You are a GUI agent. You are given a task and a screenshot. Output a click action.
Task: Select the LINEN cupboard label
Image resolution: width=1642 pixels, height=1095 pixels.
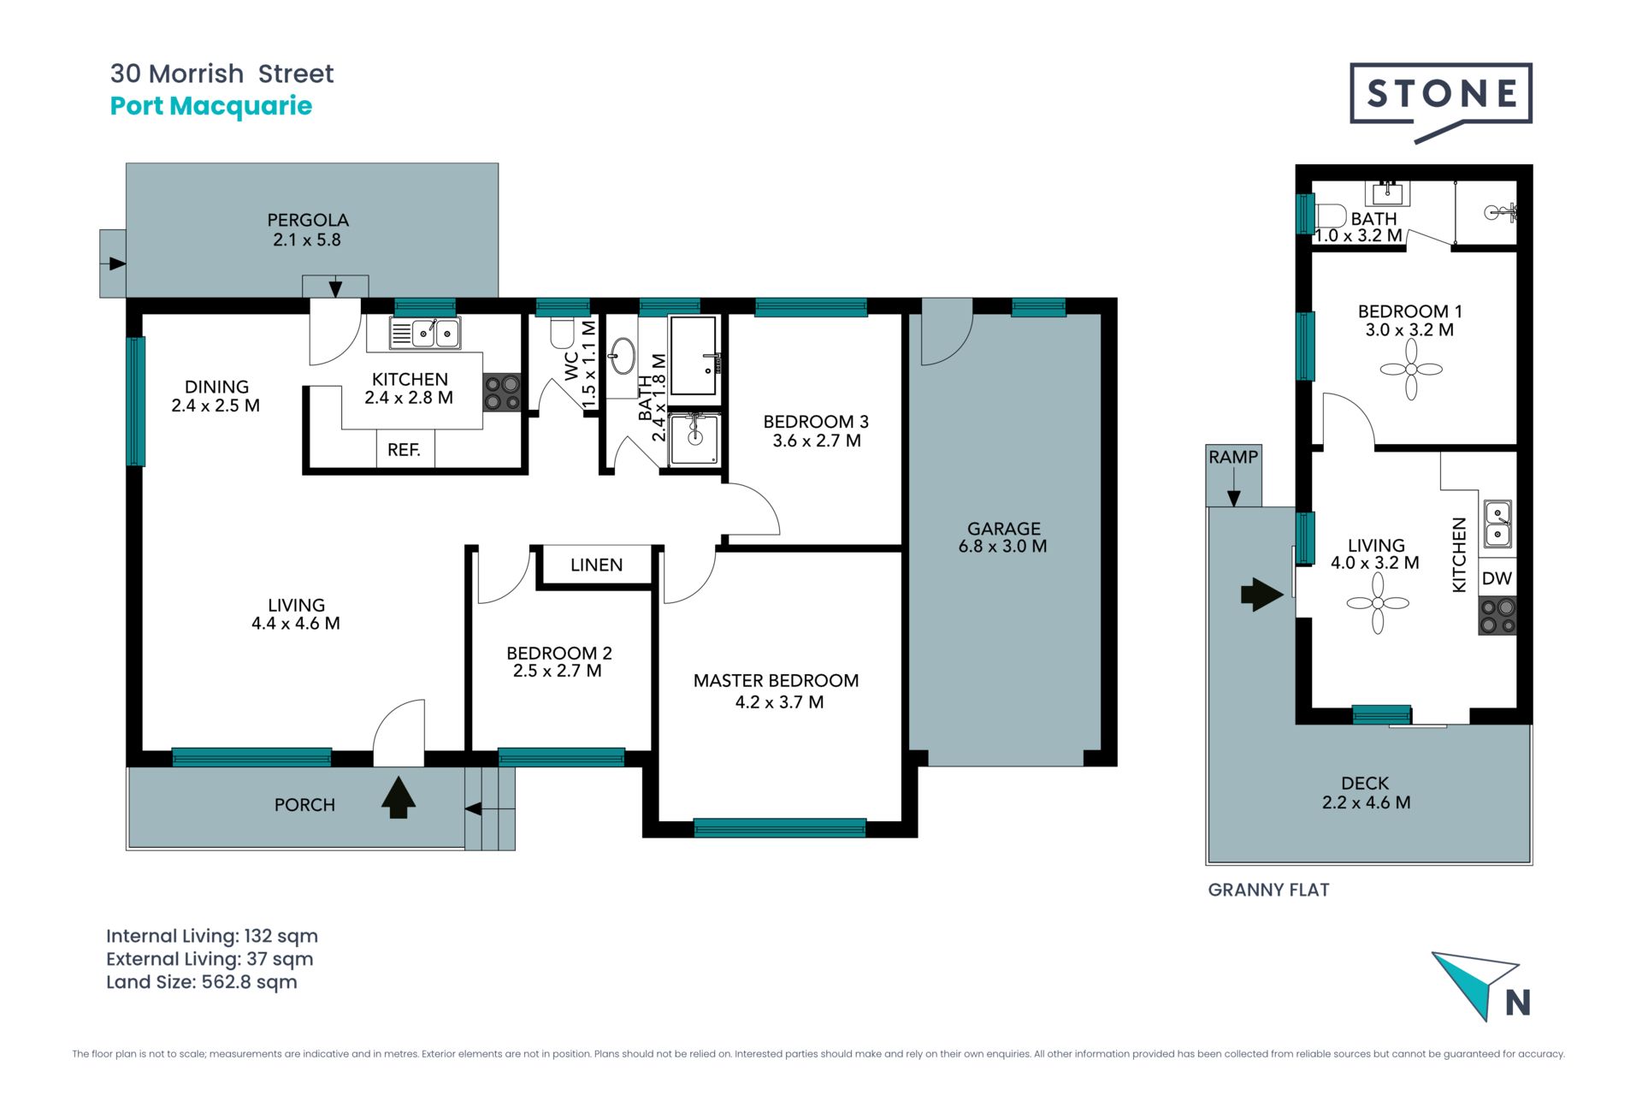[596, 565]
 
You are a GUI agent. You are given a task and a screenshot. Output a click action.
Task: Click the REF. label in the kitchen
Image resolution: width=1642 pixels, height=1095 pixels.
[404, 450]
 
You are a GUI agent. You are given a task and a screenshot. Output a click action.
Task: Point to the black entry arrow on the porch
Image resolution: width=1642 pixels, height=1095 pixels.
[399, 797]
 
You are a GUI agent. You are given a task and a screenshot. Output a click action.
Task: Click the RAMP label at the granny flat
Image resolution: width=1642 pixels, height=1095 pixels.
[1233, 457]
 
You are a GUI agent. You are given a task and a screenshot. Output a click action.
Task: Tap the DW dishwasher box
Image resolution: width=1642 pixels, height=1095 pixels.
[1497, 578]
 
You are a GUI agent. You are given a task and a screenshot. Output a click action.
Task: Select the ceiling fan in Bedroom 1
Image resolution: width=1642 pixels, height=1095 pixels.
[1411, 370]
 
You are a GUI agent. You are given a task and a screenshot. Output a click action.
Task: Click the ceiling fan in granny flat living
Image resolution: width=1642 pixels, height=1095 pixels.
[1378, 603]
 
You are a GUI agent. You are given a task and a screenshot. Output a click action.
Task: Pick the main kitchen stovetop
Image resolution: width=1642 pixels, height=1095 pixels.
[502, 394]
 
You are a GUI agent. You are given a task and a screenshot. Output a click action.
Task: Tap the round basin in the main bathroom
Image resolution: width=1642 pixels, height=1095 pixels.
[622, 356]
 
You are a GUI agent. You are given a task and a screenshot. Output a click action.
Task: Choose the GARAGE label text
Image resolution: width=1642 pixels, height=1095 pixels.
[1004, 529]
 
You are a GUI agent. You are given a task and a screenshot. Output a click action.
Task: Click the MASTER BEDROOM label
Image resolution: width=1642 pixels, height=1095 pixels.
[776, 681]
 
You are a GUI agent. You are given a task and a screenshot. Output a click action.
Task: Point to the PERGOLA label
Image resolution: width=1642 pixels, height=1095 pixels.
[308, 220]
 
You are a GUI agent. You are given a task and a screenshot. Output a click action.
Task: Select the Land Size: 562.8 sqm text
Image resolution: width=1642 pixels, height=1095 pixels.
[202, 982]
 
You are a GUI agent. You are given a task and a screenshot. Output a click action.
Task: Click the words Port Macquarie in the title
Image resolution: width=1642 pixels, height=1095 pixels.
[211, 106]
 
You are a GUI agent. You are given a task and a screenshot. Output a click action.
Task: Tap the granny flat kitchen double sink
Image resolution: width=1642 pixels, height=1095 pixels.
[1497, 524]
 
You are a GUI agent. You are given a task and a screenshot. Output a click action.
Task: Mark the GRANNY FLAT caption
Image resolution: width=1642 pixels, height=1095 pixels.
[1268, 890]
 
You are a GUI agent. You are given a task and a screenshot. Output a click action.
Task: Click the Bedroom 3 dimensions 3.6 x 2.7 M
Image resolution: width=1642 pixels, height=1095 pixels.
[817, 441]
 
